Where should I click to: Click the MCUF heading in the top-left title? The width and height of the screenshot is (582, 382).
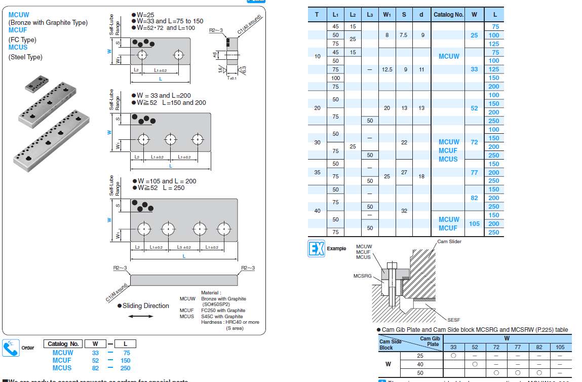[18, 30]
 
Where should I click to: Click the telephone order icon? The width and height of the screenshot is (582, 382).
[11, 347]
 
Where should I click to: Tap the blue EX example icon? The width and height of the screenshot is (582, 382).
[316, 249]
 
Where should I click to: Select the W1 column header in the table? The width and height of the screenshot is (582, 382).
[387, 15]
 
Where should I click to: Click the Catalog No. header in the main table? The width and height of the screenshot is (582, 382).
[448, 15]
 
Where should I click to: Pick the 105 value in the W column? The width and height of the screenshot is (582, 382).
[474, 223]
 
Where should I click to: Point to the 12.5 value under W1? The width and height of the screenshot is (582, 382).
[387, 69]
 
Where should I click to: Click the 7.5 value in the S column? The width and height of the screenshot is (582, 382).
[404, 35]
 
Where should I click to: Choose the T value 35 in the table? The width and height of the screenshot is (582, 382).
[317, 172]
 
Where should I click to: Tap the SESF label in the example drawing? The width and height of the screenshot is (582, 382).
[453, 320]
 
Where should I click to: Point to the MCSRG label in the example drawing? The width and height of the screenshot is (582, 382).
[363, 276]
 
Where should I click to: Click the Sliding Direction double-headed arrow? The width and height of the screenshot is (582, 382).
[141, 316]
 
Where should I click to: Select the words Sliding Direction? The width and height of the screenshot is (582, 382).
[146, 305]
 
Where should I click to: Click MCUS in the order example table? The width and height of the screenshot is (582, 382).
[62, 368]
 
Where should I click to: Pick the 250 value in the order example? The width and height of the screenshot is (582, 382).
[125, 368]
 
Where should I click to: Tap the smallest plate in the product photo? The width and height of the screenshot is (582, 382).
[36, 83]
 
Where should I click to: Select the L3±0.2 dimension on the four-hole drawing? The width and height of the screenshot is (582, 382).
[184, 247]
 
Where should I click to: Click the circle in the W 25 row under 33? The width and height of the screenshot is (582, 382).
[453, 356]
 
